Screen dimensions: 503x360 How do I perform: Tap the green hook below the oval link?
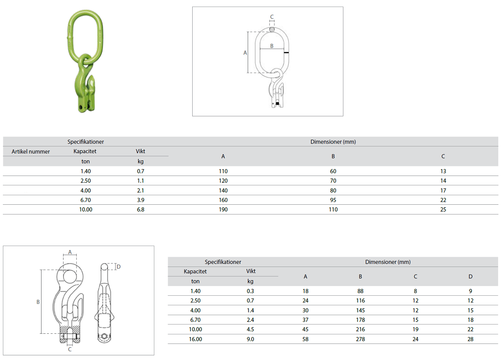[84, 87]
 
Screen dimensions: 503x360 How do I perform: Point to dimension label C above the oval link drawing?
[272, 16]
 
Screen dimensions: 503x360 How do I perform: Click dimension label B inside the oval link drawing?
[272, 46]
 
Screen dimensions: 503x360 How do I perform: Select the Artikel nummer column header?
[31, 151]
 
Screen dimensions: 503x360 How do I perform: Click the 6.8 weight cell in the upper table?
[141, 209]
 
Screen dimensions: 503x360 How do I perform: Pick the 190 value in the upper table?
[223, 209]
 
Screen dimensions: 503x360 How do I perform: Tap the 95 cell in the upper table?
[333, 200]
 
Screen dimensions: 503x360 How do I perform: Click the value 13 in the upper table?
[443, 171]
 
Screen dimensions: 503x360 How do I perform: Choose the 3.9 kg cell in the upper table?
[141, 200]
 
